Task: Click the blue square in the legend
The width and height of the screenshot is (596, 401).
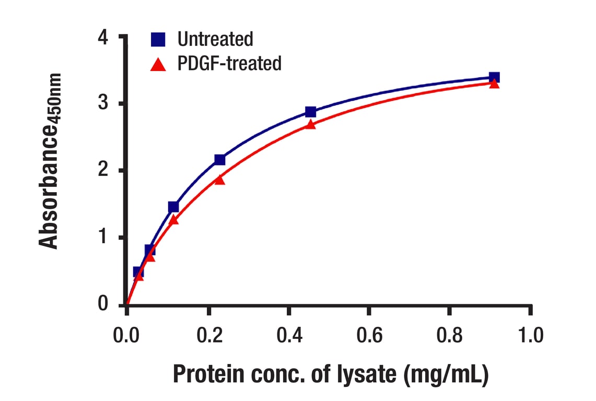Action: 158,40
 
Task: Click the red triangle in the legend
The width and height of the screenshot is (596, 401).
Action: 158,64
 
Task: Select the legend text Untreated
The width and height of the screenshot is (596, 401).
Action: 215,39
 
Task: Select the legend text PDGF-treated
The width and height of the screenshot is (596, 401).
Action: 229,64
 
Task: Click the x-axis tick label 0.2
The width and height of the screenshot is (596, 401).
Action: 207,334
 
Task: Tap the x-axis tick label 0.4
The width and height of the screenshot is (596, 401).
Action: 288,334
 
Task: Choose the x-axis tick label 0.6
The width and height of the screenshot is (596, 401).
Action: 369,334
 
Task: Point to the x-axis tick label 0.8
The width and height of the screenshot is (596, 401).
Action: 450,334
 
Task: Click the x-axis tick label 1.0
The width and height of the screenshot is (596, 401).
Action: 530,334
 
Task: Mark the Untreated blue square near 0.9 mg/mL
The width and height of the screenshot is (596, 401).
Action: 494,78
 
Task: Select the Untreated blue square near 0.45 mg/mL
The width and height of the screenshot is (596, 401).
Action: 310,112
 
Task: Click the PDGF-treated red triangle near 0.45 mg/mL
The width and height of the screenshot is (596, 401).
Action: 310,124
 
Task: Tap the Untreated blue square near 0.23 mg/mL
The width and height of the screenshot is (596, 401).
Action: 219,159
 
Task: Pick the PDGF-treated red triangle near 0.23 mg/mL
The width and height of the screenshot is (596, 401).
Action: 219,180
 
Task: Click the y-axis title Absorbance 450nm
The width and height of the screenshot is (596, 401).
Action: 51,162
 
